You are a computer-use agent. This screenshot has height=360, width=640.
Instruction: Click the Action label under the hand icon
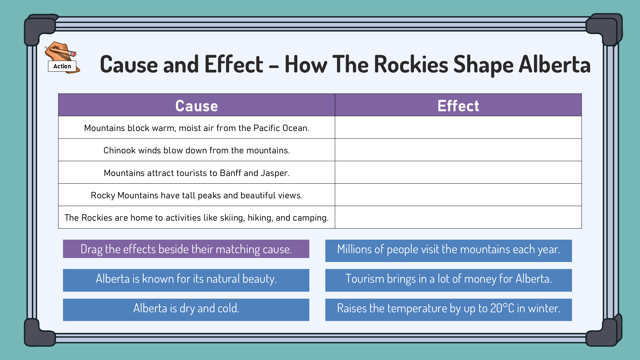[62, 66]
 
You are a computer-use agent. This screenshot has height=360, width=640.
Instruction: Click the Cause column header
[197, 106]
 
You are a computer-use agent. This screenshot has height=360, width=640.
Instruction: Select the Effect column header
[458, 106]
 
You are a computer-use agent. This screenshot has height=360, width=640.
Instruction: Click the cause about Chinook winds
[197, 150]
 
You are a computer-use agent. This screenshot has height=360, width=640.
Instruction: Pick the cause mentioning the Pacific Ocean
[197, 128]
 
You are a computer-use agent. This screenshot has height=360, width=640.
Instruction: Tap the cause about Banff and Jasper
[197, 173]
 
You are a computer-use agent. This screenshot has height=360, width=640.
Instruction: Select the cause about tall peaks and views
[197, 195]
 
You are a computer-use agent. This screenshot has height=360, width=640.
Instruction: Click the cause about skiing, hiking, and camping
[197, 218]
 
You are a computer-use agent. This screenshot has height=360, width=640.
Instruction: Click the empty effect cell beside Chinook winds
[458, 150]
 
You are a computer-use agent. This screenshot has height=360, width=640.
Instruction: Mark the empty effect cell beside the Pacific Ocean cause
[458, 127]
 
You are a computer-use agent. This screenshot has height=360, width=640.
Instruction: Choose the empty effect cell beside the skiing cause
[458, 217]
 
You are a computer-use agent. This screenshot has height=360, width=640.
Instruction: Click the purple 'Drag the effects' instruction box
[186, 249]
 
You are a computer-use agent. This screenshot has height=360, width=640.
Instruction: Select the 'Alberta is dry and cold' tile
[186, 310]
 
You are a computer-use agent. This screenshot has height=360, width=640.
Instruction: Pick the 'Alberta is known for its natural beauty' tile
[186, 280]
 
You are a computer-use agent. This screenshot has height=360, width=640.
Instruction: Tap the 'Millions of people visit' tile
[449, 251]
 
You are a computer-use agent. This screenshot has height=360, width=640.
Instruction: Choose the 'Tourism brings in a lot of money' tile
[449, 280]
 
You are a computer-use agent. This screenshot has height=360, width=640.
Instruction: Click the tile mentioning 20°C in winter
[449, 310]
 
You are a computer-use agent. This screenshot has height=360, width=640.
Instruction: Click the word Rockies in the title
[411, 64]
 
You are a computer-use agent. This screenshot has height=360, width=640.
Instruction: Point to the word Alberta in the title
[555, 64]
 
